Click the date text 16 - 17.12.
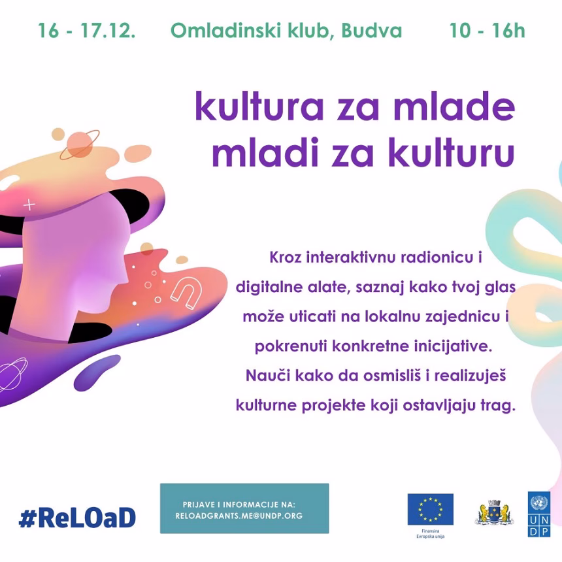pyautogui.click(x=86, y=31)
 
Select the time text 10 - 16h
pyautogui.click(x=487, y=31)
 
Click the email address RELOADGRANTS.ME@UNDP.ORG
pyautogui.click(x=239, y=516)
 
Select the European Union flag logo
pyautogui.click(x=430, y=509)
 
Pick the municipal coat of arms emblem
pyautogui.click(x=493, y=512)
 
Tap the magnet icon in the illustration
pyautogui.click(x=186, y=291)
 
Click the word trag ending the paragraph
pyautogui.click(x=498, y=405)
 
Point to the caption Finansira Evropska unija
pyautogui.click(x=430, y=534)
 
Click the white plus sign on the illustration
pyautogui.click(x=29, y=205)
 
